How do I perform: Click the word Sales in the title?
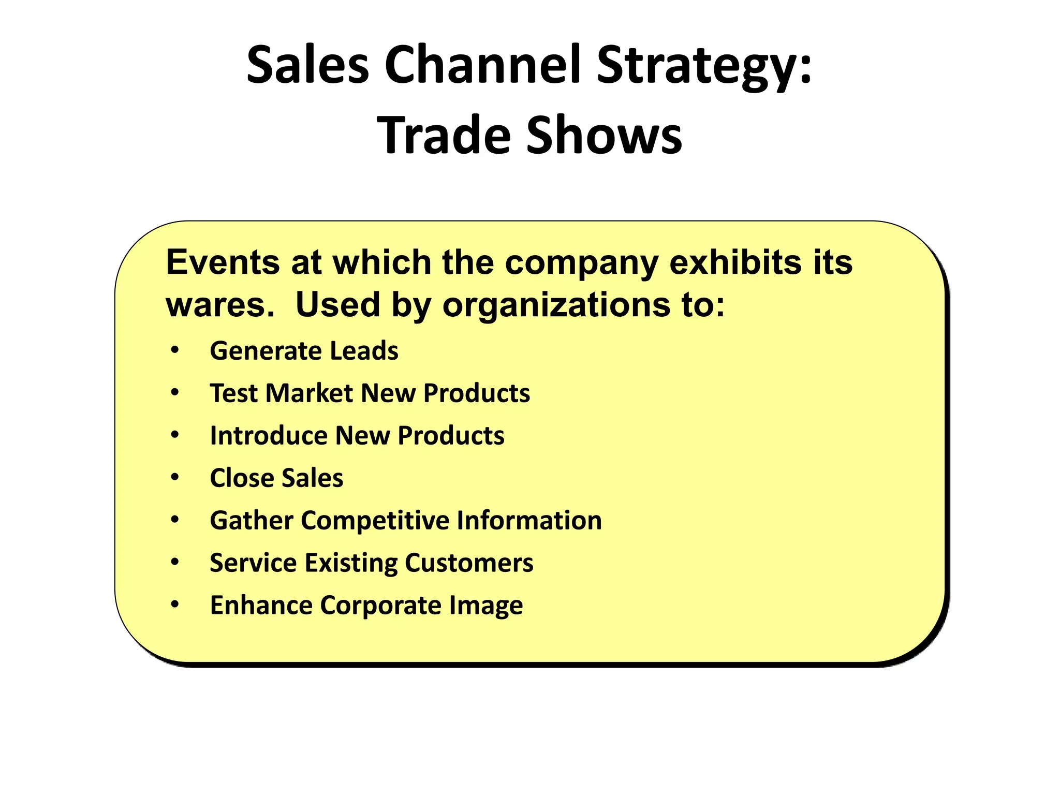pyautogui.click(x=307, y=65)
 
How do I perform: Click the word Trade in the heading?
pyautogui.click(x=444, y=136)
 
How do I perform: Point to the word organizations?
pyautogui.click(x=556, y=306)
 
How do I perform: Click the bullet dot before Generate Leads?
pyautogui.click(x=175, y=350)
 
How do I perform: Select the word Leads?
pyautogui.click(x=364, y=351)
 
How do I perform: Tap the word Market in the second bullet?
pyautogui.click(x=309, y=393)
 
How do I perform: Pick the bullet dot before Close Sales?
pyautogui.click(x=175, y=477)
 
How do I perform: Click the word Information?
pyautogui.click(x=529, y=520)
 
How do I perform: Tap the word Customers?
pyautogui.click(x=469, y=563)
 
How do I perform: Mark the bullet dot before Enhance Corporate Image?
pyautogui.click(x=175, y=604)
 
